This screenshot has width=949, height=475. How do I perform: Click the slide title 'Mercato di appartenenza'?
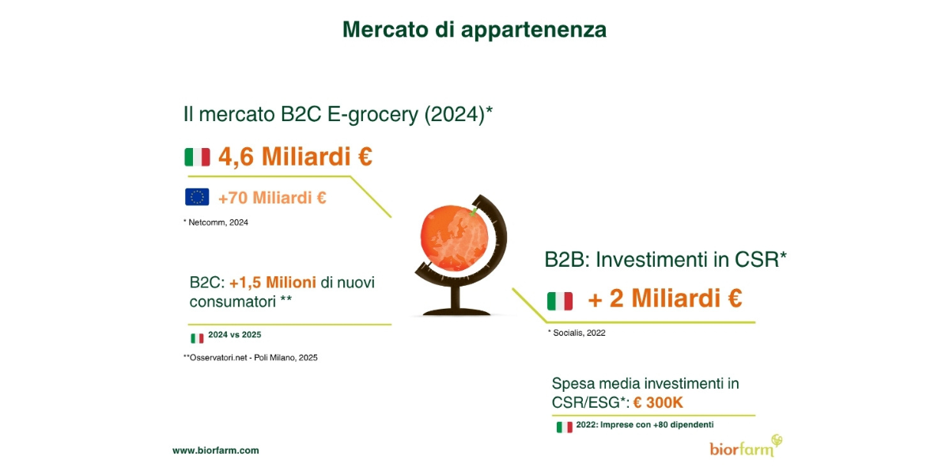coord(475,30)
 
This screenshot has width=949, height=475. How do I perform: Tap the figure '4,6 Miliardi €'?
coord(295,156)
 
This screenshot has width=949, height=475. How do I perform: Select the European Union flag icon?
coord(197,197)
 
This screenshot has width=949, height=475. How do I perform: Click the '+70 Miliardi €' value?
coord(272,198)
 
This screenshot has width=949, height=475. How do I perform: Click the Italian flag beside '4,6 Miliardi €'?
coord(198,157)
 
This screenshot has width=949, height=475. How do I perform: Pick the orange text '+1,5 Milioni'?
coord(272,282)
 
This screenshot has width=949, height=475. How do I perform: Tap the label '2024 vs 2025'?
coord(235,335)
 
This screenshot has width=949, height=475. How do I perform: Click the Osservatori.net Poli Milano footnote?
coord(251,358)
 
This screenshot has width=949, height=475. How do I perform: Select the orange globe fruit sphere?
coord(453,238)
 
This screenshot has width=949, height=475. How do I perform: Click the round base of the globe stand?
coord(456,313)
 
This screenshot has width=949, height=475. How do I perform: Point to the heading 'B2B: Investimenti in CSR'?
coord(665,260)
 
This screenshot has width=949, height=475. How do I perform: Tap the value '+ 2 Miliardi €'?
coord(665,298)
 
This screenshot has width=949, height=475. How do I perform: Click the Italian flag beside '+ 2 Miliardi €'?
coord(560,301)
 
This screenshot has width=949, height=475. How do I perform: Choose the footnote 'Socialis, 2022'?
coord(577,333)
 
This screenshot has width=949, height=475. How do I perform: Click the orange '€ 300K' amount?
coord(658,402)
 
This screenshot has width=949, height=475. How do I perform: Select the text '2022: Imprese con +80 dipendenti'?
coord(645,424)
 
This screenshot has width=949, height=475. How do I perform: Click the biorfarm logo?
coord(746,446)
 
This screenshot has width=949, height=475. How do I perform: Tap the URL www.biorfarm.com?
coord(216,450)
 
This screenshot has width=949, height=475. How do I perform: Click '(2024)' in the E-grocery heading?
coord(455,115)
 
